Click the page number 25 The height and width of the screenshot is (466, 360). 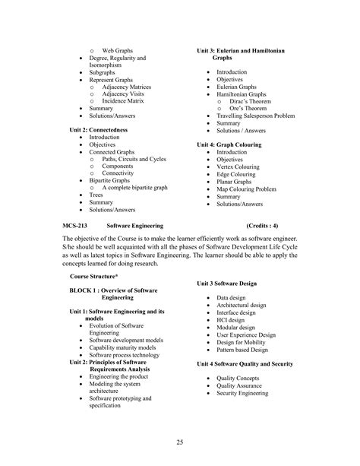pyautogui.click(x=179, y=442)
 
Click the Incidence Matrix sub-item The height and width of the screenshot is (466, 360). pyautogui.click(x=122, y=101)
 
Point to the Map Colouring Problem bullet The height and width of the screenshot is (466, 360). pyautogui.click(x=246, y=189)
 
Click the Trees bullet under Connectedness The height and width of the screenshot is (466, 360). pyautogui.click(x=97, y=195)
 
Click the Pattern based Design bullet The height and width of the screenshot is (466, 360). pyautogui.click(x=242, y=350)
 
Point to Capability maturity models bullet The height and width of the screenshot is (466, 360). pyautogui.click(x=125, y=347)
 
